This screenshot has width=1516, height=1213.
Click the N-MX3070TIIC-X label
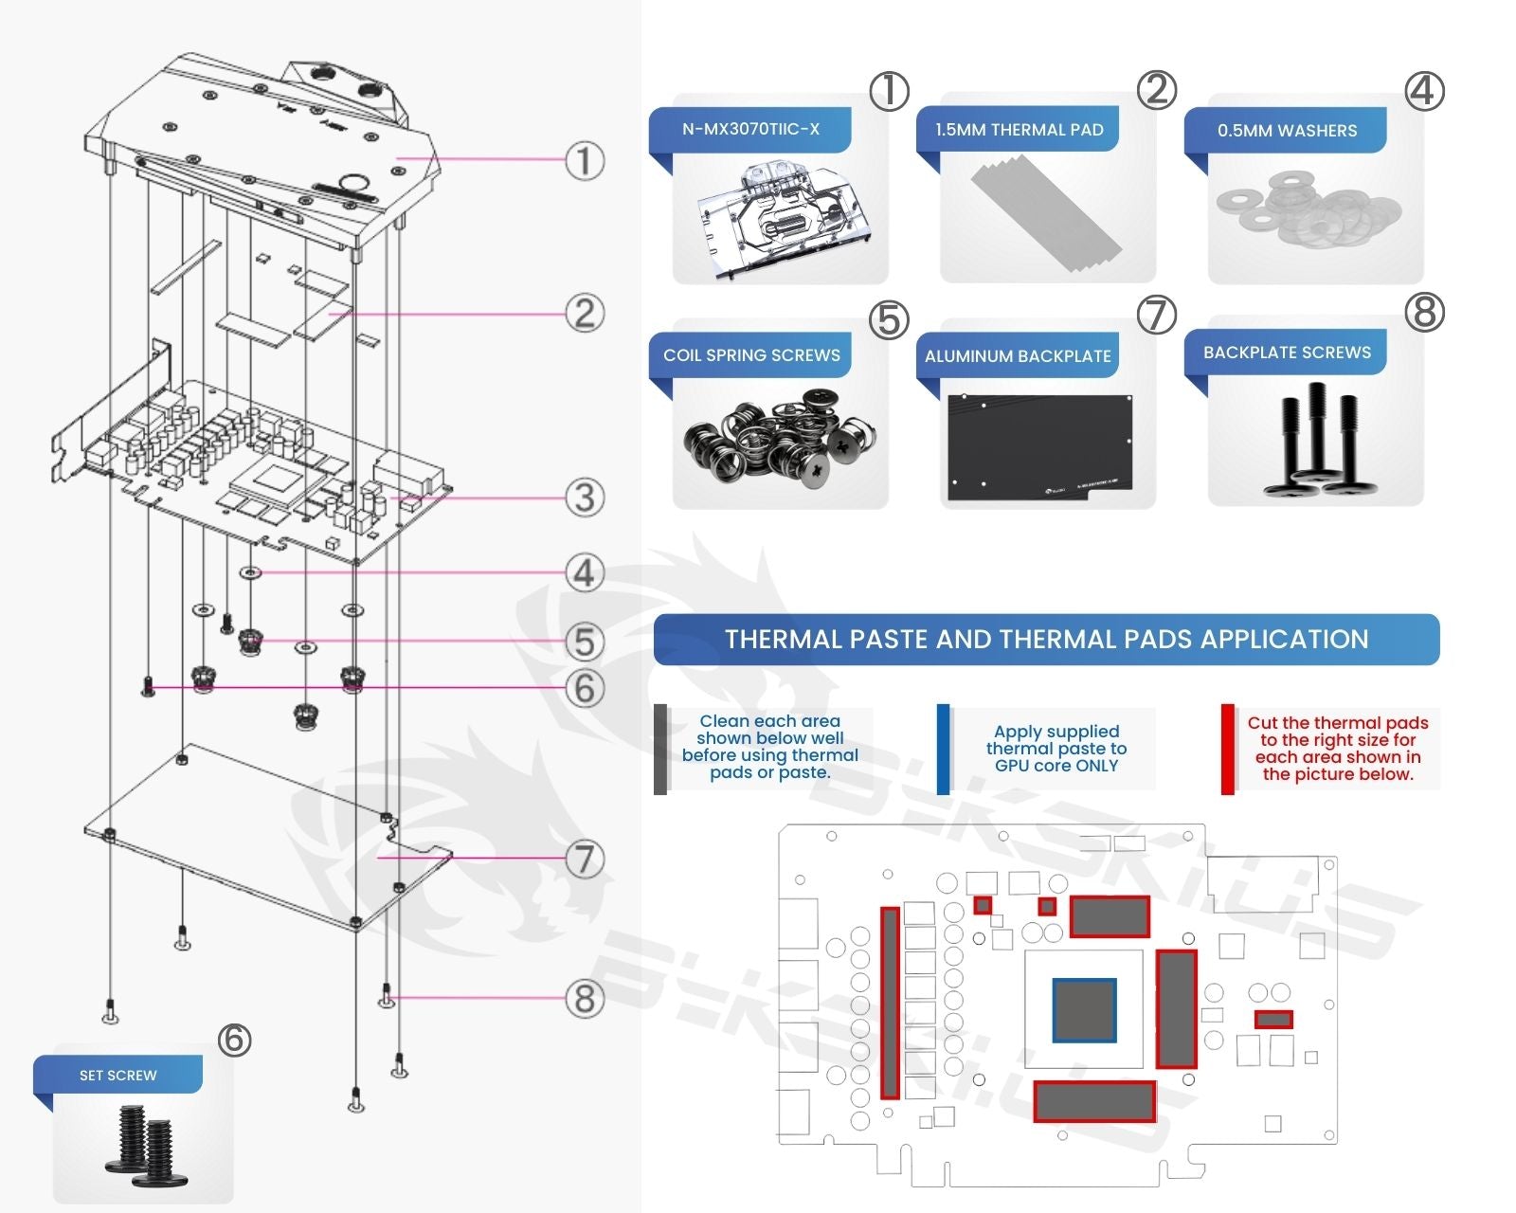coord(750,129)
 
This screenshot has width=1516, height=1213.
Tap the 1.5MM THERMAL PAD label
coord(1019,130)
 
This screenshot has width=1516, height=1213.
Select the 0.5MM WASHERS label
coord(1287,131)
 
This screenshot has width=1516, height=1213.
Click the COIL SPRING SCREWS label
coord(751,355)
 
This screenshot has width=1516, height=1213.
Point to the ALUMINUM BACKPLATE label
coord(1018,356)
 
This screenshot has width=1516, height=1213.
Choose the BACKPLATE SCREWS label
coord(1287,353)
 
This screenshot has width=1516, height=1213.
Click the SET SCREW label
coord(118,1076)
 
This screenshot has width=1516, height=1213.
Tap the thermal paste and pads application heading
coord(1046,640)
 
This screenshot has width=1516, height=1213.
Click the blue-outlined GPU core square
coord(1084,1010)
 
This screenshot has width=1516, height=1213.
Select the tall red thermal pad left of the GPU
coord(890,1003)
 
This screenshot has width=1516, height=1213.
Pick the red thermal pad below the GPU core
coord(1094,1101)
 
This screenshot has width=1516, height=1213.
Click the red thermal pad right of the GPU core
coord(1176,1009)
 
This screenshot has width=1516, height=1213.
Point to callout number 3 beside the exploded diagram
coord(585,498)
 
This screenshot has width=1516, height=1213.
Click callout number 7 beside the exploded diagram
coord(585,860)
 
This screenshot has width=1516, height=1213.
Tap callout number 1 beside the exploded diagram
coord(585,160)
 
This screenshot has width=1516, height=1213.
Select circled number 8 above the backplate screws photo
coord(1424,312)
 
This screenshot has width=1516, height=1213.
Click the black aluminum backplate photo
coord(1039,447)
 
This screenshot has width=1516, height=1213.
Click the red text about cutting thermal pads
coord(1337,749)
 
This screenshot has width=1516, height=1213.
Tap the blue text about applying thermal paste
coord(1056,749)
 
